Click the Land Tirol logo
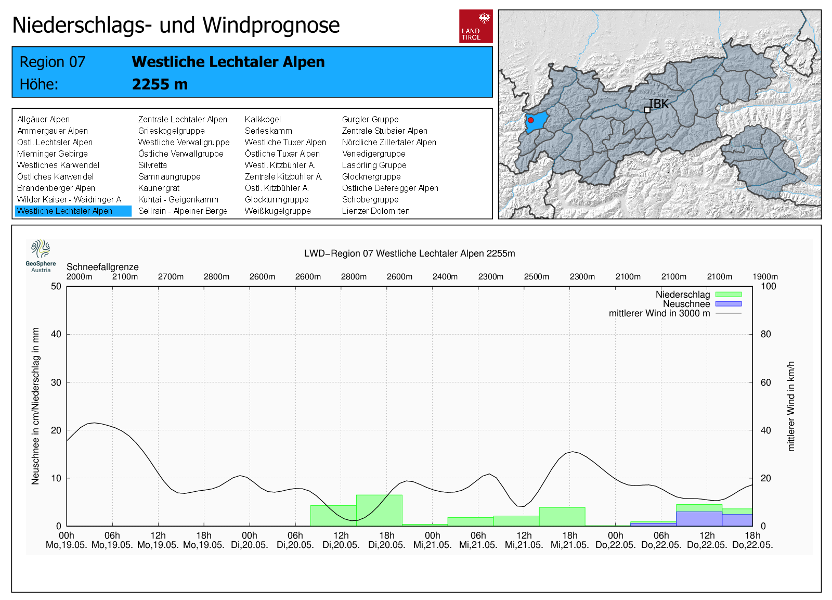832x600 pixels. click(x=476, y=26)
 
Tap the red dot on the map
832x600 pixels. click(x=530, y=120)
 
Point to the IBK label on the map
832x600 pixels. click(x=659, y=104)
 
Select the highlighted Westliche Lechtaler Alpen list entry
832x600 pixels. click(x=65, y=211)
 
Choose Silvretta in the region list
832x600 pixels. click(x=152, y=165)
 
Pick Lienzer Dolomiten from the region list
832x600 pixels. click(x=375, y=211)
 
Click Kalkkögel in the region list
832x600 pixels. click(x=263, y=119)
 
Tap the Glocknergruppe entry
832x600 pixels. click(x=371, y=176)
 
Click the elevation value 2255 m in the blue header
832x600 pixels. click(x=160, y=84)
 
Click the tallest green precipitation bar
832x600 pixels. click(x=379, y=510)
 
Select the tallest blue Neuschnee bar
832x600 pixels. click(x=699, y=519)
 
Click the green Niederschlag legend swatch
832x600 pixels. click(x=728, y=295)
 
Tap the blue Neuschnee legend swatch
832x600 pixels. click(x=728, y=304)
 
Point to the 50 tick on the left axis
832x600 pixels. click(x=56, y=286)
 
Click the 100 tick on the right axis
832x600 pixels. click(x=768, y=286)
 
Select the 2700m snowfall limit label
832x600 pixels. click(x=171, y=277)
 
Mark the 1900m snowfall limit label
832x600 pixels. click(x=765, y=277)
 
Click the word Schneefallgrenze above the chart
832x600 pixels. click(x=102, y=267)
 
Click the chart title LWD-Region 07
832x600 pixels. click(x=409, y=253)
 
